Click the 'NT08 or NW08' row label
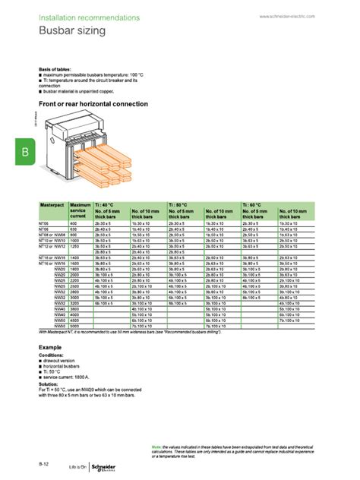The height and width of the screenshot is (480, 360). tap(53, 236)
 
